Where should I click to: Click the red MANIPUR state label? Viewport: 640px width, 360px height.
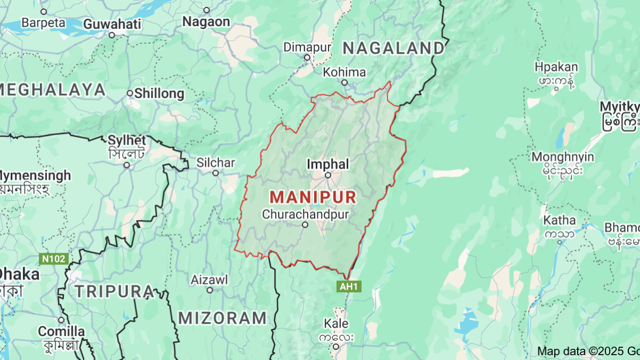[x=313, y=197]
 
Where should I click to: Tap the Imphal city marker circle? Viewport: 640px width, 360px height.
[x=328, y=175]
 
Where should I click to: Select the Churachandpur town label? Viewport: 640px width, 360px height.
[x=306, y=214]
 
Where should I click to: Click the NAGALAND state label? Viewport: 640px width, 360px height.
[x=393, y=48]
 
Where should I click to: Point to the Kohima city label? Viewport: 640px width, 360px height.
[x=345, y=72]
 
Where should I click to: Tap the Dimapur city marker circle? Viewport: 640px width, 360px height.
[x=307, y=58]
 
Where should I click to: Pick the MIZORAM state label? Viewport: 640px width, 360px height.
[x=222, y=318]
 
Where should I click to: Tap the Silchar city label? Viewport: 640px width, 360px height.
[x=215, y=162]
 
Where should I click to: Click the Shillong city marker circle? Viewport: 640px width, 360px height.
[x=130, y=93]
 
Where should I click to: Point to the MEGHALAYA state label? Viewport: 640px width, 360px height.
[x=53, y=89]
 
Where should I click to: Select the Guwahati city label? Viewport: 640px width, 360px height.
[x=113, y=24]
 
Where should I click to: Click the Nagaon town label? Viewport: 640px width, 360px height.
[x=206, y=21]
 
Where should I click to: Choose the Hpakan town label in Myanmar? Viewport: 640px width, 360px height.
[x=556, y=67]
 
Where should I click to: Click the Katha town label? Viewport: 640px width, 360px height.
[x=559, y=220]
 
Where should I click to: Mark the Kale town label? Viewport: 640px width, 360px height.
[x=336, y=324]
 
